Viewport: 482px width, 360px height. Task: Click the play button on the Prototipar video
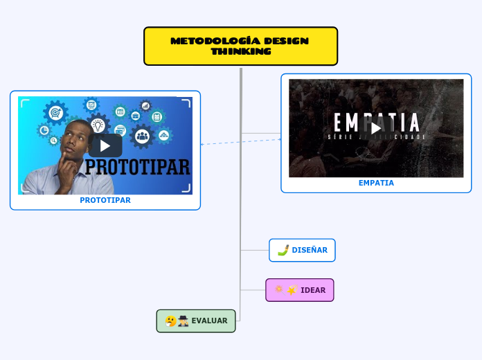click(x=105, y=145)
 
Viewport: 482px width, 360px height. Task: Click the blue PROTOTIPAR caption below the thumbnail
click(x=105, y=200)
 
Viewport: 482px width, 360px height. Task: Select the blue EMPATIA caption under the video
click(x=376, y=183)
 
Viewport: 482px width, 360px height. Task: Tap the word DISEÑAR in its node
click(x=310, y=250)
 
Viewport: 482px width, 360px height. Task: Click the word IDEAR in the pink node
click(x=313, y=290)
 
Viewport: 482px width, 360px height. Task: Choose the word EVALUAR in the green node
click(x=209, y=321)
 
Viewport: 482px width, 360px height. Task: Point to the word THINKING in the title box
click(x=241, y=51)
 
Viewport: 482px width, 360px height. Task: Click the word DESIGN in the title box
click(x=286, y=41)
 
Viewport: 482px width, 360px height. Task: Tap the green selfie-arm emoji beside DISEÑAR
click(x=283, y=250)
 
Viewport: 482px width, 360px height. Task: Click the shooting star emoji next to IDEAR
click(x=292, y=290)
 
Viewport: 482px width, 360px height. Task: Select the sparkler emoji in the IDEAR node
click(x=278, y=289)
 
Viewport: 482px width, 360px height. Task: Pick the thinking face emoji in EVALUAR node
click(x=170, y=321)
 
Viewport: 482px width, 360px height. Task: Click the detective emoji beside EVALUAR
click(x=183, y=321)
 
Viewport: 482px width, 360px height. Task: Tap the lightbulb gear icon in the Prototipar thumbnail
click(x=98, y=125)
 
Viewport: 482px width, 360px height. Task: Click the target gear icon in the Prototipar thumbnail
click(x=55, y=111)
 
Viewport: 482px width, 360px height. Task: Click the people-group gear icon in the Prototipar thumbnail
click(x=143, y=136)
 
